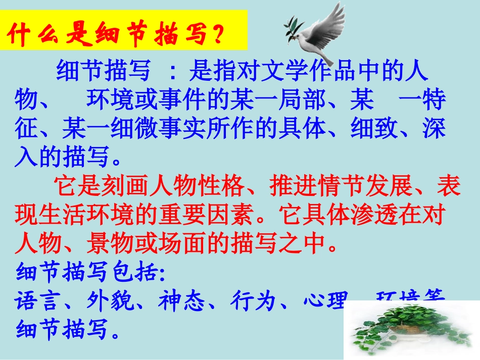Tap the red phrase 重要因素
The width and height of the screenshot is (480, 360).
[x=207, y=216]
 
